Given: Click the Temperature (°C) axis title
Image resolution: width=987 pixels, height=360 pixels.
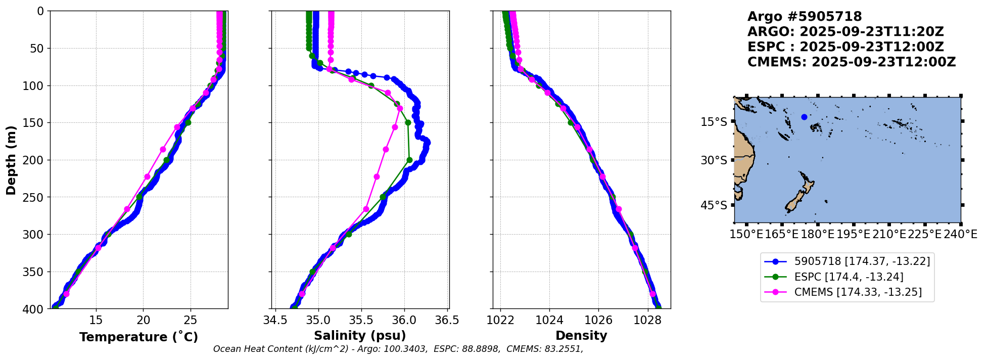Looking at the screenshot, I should pos(138,337).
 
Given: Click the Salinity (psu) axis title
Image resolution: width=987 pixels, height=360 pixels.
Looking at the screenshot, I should pos(360,336).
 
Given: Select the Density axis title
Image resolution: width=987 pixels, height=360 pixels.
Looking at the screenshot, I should pos(581,336).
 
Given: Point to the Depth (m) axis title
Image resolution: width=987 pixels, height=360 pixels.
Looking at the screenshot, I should pos(11,160).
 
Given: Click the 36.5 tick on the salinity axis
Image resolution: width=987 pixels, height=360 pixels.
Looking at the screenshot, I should pos(447,320).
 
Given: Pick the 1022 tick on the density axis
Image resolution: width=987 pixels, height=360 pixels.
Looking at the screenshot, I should pos(500,320).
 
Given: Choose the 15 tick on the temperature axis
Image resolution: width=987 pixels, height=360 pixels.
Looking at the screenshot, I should pos(96,320).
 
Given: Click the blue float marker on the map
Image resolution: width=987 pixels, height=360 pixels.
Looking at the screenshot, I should pos(804,117).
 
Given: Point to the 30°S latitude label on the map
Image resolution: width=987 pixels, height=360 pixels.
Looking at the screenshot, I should pos(714,160).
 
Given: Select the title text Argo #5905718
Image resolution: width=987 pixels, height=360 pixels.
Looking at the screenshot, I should pos(805,17).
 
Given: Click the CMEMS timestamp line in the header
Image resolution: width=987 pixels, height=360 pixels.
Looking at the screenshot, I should pos(852,62).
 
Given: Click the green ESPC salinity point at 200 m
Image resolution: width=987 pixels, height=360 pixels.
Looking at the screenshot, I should pos(409,160).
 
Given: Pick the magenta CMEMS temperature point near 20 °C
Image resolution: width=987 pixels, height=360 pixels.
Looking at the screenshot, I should pos(147,176).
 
